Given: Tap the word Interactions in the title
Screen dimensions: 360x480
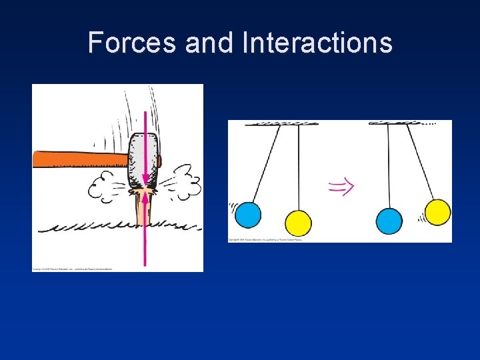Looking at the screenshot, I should (317, 43).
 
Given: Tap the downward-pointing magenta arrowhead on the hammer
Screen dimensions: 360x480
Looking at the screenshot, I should (145, 180).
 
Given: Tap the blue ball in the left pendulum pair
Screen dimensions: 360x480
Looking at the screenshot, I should (248, 214).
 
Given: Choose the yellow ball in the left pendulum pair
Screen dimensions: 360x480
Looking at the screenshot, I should (298, 223).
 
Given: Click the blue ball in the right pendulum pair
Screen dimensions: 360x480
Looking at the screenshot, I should (389, 221).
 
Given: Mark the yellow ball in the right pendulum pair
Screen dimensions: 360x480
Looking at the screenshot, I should (437, 212).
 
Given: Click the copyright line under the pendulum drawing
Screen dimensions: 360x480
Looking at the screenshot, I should (265, 239).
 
